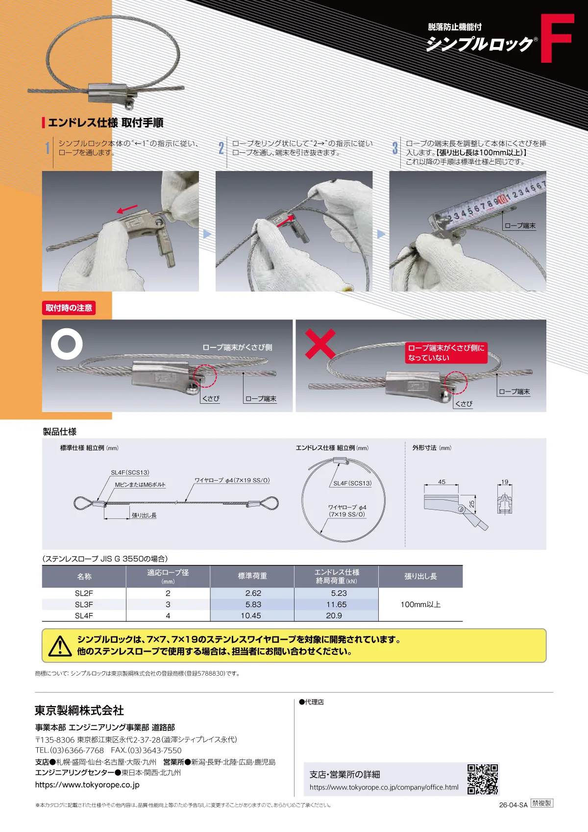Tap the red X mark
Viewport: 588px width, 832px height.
pos(320,343)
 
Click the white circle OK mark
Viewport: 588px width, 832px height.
pos(67,343)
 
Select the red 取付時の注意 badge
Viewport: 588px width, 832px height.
pos(69,308)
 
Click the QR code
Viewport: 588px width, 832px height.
pos(483,779)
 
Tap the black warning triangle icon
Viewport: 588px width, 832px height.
pos(60,646)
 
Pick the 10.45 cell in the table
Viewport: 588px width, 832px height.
pos(251,615)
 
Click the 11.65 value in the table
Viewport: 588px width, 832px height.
pos(336,604)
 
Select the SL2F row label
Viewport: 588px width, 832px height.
pos(84,593)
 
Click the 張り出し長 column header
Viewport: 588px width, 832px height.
pos(420,576)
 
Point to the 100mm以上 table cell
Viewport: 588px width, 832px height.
pos(420,604)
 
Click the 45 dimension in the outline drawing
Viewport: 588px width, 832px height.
pos(441,482)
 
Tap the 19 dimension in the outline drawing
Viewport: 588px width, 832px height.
pos(504,482)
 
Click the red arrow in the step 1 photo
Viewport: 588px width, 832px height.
pos(127,209)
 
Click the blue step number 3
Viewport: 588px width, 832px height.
pos(395,148)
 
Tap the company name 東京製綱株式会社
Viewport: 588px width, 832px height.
pos(79,710)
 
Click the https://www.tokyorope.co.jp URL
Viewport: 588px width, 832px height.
pos(87,784)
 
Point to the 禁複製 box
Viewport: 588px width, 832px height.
pos(542,803)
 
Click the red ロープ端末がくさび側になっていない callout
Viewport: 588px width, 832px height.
pos(446,353)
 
